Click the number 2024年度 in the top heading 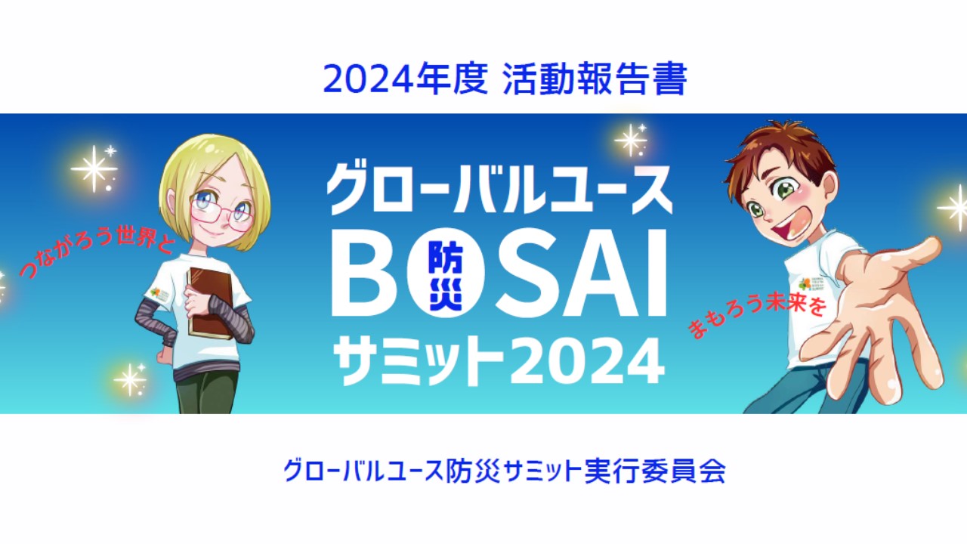coord(406,79)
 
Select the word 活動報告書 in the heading coord(595,79)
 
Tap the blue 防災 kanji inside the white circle coord(446,273)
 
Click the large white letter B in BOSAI coord(365,273)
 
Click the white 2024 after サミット coord(588,361)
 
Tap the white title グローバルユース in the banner coord(500,188)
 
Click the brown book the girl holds coord(211,303)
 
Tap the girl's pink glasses coord(220,214)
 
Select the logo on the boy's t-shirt coord(809,283)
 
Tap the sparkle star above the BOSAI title coord(631,139)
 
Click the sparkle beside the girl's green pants coord(129,379)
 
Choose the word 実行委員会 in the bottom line coord(655,471)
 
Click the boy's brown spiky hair coord(781,149)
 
